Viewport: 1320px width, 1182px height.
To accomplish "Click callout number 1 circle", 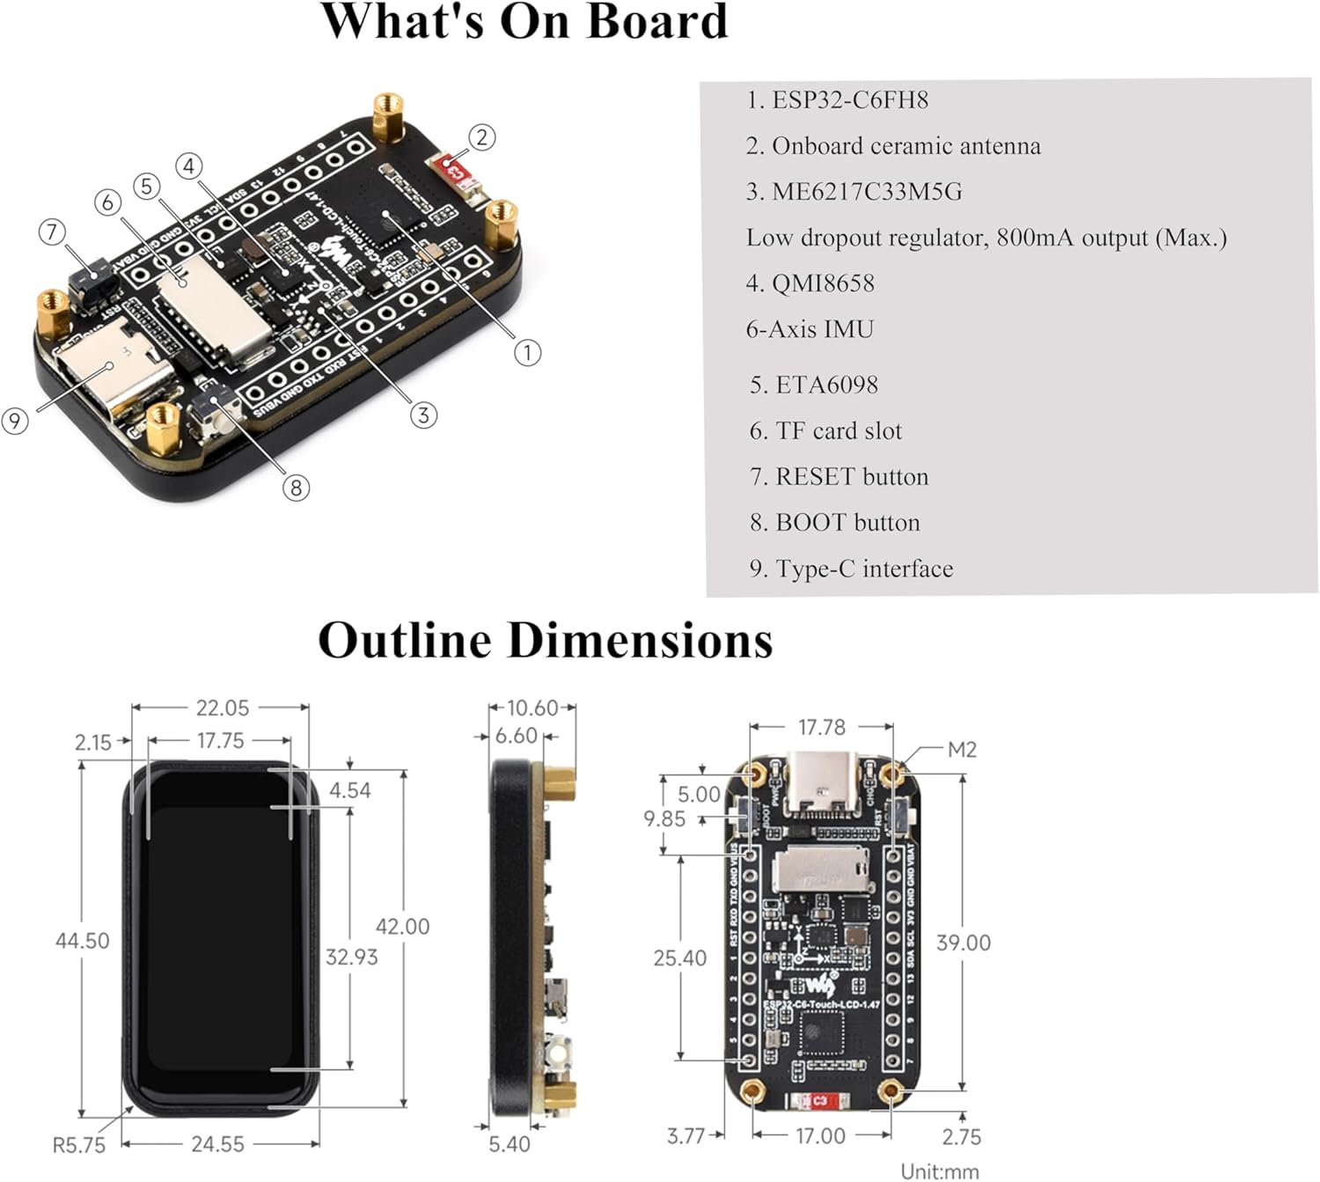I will (527, 353).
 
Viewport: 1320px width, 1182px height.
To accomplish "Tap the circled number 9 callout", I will (15, 421).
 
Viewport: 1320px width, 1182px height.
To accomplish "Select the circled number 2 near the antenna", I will (481, 137).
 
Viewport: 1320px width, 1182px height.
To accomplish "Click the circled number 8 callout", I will (296, 488).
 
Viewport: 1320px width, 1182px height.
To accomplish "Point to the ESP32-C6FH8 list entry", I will (837, 100).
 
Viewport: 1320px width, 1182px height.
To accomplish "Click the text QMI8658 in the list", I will (810, 283).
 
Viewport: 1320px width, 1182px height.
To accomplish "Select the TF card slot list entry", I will (825, 431).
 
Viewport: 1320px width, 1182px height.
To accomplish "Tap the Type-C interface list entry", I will (851, 569).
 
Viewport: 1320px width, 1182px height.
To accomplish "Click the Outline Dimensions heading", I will (545, 640).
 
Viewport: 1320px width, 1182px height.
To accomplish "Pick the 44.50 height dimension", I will (82, 941).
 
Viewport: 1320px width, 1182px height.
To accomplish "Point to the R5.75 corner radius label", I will (78, 1145).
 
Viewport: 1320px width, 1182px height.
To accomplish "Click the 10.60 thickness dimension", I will (533, 708).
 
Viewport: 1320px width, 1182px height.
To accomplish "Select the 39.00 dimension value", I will (964, 943).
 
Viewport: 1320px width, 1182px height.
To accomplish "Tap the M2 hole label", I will (962, 750).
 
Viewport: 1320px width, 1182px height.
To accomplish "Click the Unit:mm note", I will (940, 1171).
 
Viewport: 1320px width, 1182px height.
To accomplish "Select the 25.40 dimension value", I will (679, 958).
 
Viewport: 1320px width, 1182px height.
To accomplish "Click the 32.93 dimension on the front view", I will (351, 957).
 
